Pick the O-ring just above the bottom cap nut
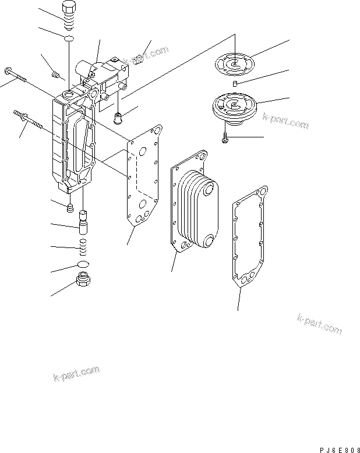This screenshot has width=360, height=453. point(83,266)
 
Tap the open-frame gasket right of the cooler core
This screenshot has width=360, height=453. point(250,236)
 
